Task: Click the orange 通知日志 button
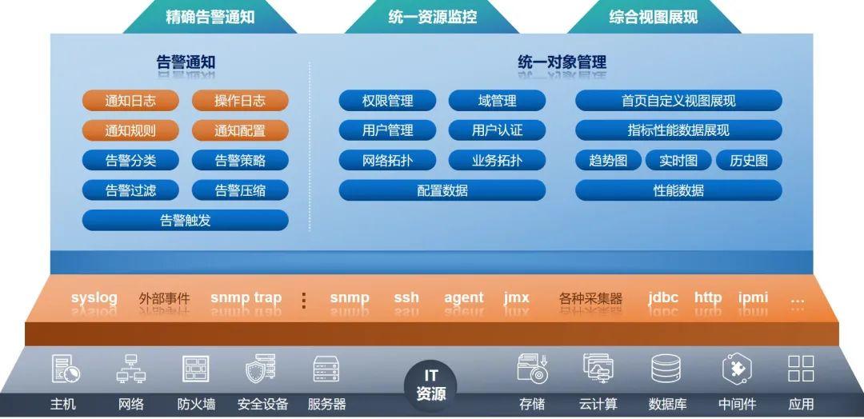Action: click(x=130, y=101)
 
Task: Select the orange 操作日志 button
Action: click(x=240, y=101)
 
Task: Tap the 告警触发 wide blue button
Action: click(x=185, y=220)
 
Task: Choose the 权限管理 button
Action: click(x=387, y=101)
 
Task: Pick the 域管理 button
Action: click(x=497, y=101)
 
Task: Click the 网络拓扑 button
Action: click(x=387, y=160)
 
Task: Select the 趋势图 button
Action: click(x=608, y=160)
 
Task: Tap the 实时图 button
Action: click(x=678, y=160)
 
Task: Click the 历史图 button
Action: click(x=749, y=160)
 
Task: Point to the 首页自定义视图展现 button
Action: click(x=678, y=101)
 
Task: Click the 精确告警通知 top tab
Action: click(x=210, y=17)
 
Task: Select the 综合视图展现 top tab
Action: click(x=654, y=17)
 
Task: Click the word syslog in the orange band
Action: click(x=94, y=298)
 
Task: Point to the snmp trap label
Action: click(x=246, y=298)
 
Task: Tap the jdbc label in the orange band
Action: click(x=663, y=298)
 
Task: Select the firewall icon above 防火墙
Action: click(x=196, y=369)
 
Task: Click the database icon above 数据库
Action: click(x=666, y=369)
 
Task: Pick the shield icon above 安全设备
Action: click(x=261, y=369)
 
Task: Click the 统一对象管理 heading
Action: click(x=562, y=62)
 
